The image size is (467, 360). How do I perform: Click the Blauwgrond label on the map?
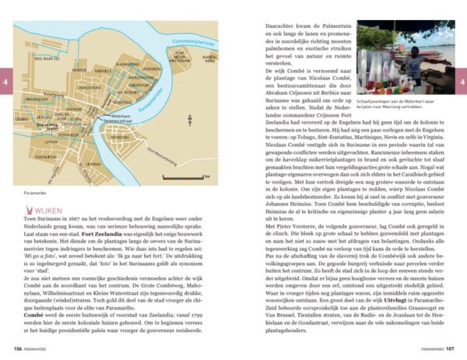click(x=127, y=65)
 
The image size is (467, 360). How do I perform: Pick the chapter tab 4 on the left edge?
click(x=5, y=79)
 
